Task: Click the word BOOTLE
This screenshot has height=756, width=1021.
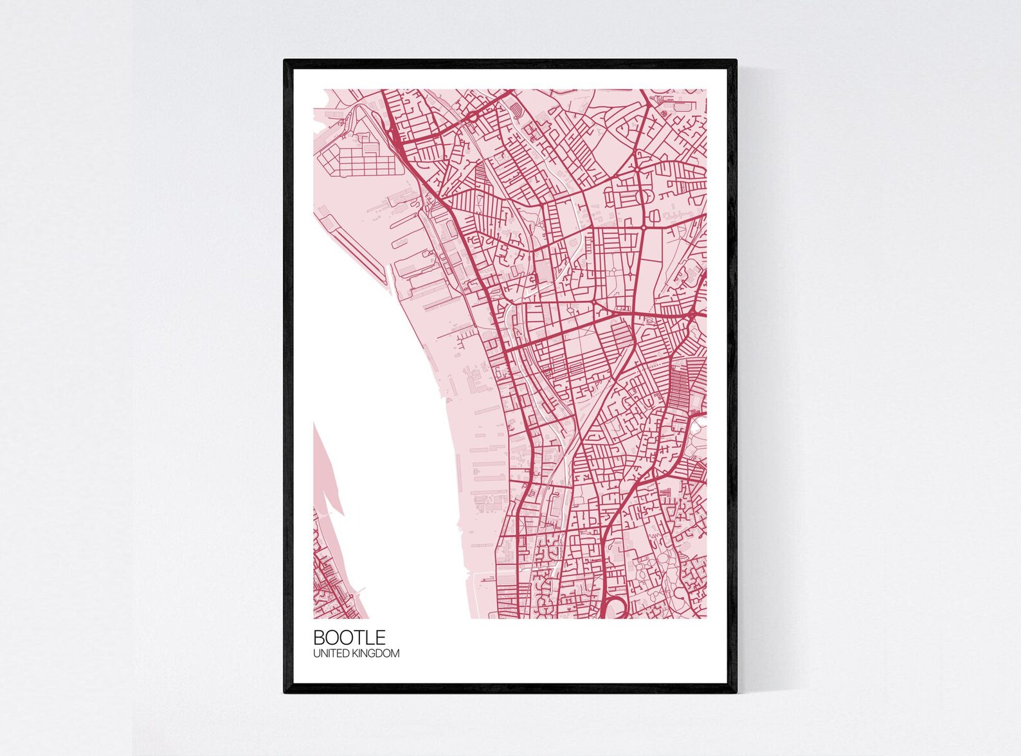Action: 349,637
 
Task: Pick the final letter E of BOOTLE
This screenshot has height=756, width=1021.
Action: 381,637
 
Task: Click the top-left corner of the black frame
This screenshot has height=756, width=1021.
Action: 285,61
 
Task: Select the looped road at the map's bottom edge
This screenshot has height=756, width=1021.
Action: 615,606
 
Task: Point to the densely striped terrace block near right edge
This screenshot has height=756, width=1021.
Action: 680,386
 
